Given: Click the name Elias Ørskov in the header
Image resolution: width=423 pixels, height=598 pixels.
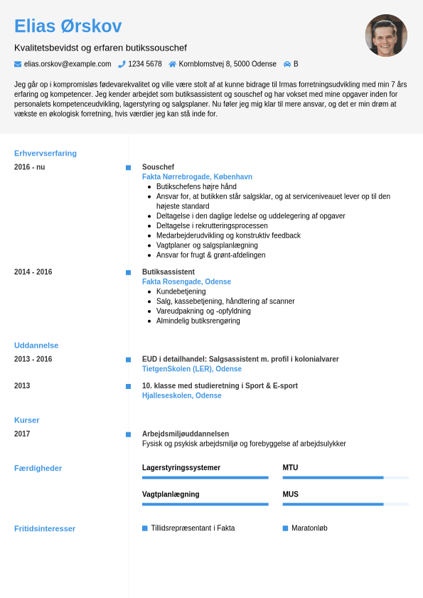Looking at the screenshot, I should click(68, 26).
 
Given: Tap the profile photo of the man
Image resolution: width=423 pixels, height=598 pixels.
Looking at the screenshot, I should click(386, 36).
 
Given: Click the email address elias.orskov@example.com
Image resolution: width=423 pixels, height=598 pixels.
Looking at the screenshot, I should click(68, 64).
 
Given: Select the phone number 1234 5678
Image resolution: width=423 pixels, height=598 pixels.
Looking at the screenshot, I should click(144, 64).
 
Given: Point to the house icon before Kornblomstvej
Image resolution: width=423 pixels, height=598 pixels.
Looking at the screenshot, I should click(172, 64).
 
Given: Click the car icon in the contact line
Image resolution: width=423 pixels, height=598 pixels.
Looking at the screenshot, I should click(287, 64).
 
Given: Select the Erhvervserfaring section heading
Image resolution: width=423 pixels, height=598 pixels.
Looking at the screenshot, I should click(45, 153).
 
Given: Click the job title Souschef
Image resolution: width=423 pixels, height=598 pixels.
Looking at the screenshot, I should click(158, 167).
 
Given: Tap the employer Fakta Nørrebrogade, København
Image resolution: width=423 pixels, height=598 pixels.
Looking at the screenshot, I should click(197, 177).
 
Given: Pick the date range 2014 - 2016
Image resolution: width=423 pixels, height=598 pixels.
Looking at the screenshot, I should click(33, 272).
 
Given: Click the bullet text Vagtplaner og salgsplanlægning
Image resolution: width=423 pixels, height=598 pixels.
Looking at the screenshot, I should click(207, 245).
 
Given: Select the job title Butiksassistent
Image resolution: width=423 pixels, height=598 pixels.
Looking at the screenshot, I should click(168, 272).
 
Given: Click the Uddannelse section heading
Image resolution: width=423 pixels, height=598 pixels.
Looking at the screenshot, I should click(36, 345).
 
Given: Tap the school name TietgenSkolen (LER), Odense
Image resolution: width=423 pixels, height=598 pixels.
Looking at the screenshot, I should click(191, 369).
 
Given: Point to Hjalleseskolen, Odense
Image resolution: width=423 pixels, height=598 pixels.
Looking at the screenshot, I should click(181, 395).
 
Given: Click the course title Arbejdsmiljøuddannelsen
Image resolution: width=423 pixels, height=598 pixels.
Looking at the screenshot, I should click(185, 434).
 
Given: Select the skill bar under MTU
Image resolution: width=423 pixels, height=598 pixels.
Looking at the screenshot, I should click(346, 478).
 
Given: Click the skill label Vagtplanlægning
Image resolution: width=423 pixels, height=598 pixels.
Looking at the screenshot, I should click(171, 494).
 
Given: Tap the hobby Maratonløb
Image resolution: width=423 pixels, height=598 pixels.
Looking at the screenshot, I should click(309, 528).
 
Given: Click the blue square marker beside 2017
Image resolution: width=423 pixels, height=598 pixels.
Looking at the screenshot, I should click(128, 434).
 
